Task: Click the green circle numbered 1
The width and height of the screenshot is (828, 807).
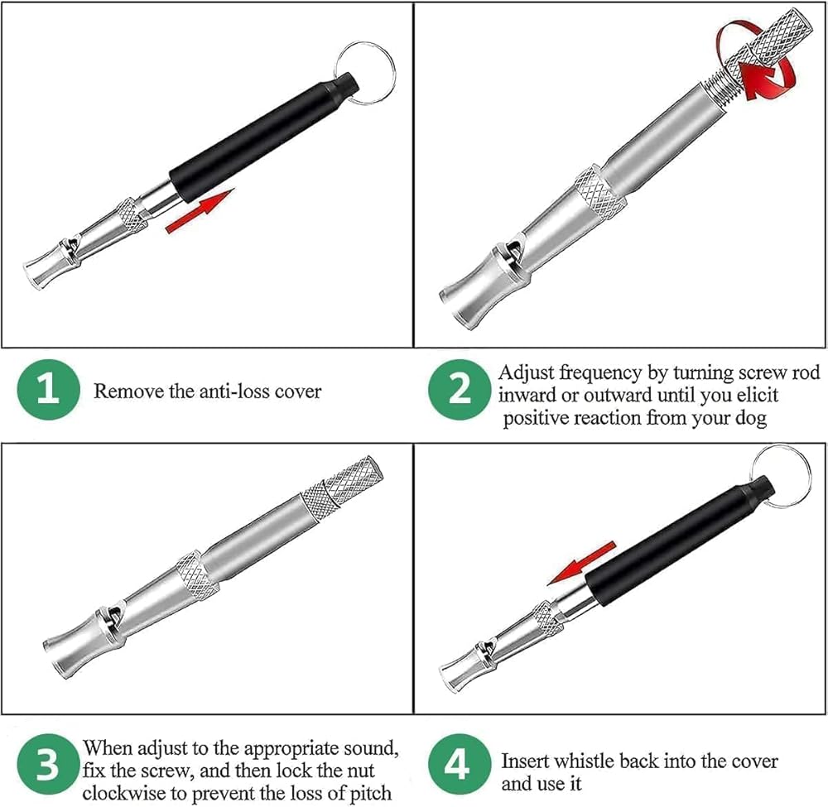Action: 48,390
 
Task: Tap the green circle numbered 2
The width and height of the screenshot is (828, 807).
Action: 460,390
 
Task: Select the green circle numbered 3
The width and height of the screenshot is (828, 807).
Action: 48,766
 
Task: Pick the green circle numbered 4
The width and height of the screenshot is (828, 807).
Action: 460,766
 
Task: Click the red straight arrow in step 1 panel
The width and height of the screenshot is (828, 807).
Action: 200,210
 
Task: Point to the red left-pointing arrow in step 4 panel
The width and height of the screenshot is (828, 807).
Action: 581,563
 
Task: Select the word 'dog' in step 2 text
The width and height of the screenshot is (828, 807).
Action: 751,418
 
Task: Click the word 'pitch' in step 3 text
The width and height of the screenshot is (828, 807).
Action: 370,793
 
